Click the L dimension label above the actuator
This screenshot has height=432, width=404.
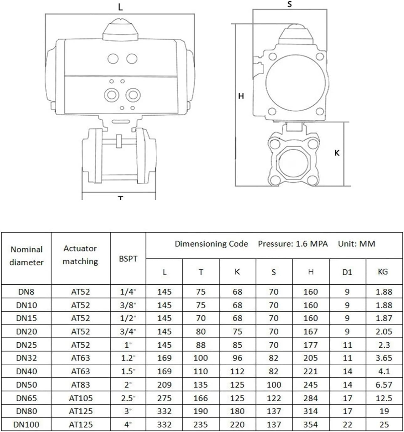(x=120, y=7)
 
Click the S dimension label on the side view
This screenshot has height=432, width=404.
(x=289, y=4)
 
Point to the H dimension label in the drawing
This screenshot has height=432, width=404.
(x=241, y=96)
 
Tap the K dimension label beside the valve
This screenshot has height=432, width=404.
(x=337, y=153)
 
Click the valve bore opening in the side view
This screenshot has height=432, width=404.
(x=293, y=164)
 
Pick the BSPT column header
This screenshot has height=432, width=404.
(x=128, y=259)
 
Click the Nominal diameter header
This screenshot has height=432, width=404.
(x=26, y=256)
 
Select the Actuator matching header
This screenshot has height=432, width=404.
(x=81, y=255)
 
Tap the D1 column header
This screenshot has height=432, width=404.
(x=347, y=272)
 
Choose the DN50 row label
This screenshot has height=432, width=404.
(x=26, y=385)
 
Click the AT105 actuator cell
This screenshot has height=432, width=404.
(x=81, y=398)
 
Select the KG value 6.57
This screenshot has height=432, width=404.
(x=384, y=385)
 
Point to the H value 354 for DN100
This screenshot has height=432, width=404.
(x=310, y=424)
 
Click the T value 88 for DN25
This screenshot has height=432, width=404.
(x=201, y=345)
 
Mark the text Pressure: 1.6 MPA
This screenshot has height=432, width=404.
(x=293, y=244)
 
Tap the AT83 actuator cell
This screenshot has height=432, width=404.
(x=81, y=385)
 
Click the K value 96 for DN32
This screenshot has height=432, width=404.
(x=237, y=358)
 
